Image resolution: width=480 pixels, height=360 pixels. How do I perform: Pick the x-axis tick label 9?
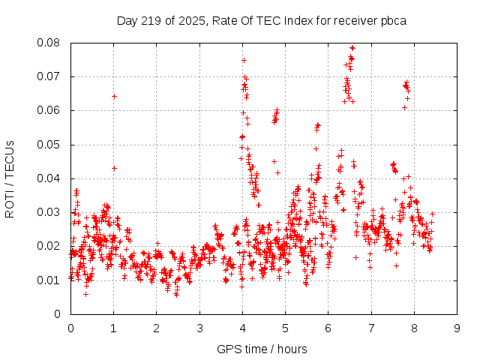pyautogui.click(x=457, y=328)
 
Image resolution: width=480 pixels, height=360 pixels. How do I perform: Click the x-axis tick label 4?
pyautogui.click(x=242, y=328)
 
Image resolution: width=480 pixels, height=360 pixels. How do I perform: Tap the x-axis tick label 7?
pyautogui.click(x=371, y=328)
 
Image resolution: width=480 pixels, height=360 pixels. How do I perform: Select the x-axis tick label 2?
pyautogui.click(x=156, y=328)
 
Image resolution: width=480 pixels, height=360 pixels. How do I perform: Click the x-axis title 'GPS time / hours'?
pyautogui.click(x=263, y=349)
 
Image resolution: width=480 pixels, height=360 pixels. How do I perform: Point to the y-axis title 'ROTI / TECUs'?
pyautogui.click(x=10, y=178)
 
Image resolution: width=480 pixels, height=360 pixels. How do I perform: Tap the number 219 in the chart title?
pyautogui.click(x=151, y=20)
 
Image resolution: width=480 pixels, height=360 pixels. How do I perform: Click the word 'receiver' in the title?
pyautogui.click(x=355, y=20)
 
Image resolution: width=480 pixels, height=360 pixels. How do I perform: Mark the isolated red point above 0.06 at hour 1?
pyautogui.click(x=114, y=96)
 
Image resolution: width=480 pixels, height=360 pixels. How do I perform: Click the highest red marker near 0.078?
pyautogui.click(x=352, y=47)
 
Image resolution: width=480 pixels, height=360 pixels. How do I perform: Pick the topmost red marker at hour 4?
pyautogui.click(x=244, y=60)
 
